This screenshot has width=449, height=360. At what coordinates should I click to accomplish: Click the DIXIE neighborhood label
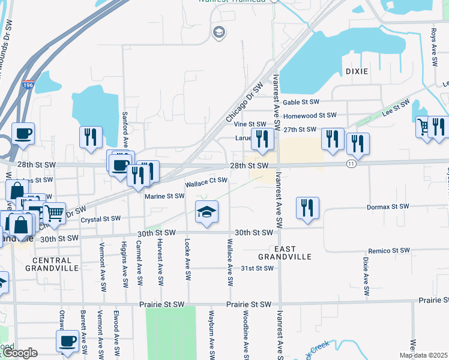coord(357,71)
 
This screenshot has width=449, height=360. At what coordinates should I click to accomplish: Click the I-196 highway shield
coord(28,85)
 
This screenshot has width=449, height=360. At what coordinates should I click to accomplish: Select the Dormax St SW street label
coord(388,207)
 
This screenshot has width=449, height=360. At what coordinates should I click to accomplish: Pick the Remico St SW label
coord(388,250)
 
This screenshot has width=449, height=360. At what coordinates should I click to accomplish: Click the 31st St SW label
coord(257,268)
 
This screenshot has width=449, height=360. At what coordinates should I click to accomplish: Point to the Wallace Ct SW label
coord(206,181)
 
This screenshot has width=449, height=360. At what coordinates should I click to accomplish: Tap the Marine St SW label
coord(164,196)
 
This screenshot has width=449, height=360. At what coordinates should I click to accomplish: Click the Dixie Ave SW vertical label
coord(365,277)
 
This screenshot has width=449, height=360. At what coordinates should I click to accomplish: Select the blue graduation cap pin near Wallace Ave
coord(206,212)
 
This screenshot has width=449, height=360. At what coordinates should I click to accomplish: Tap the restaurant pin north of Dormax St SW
coord(307,208)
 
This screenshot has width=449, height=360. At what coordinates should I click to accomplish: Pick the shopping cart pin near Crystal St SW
coord(55,212)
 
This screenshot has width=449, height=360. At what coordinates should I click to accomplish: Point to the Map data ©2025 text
coord(423,355)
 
